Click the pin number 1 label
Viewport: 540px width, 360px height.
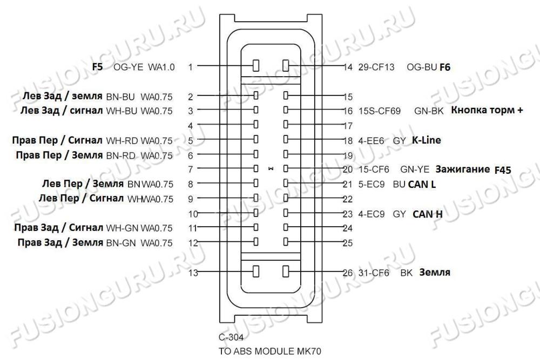191,67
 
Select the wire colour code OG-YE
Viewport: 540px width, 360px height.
128,67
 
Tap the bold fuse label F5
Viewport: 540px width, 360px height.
97,66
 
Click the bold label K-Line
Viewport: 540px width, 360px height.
427,140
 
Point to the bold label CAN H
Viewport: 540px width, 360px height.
427,214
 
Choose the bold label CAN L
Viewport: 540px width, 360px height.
422,185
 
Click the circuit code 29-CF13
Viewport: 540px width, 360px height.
376,67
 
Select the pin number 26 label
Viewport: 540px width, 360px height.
348,273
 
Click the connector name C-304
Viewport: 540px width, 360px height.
231,337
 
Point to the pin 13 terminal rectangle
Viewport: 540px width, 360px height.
256,271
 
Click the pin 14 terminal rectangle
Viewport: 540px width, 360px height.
286,65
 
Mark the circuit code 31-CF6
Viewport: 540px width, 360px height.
374,273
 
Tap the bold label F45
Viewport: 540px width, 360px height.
503,170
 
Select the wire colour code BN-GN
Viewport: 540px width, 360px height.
121,243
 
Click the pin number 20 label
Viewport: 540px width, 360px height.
348,169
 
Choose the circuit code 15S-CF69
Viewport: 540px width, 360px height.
380,111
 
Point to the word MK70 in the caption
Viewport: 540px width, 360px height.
309,351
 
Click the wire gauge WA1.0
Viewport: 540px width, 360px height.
161,67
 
